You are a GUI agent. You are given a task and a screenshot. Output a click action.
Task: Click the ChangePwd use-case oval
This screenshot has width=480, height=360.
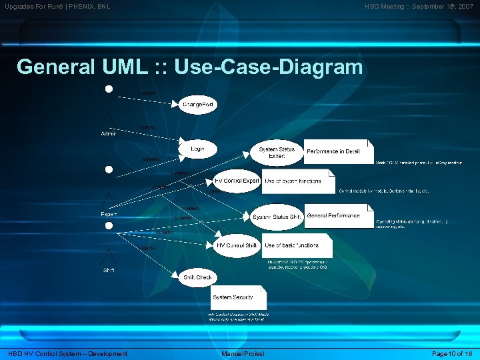click(x=198, y=105)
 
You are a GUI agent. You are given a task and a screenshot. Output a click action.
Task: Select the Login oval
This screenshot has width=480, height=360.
click(x=197, y=149)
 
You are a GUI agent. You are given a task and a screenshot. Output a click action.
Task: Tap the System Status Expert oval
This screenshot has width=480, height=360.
click(x=277, y=153)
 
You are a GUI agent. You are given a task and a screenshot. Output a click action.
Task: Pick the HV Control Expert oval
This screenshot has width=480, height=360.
click(x=237, y=181)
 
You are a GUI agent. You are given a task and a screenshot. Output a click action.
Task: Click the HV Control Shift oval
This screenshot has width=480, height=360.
click(x=237, y=245)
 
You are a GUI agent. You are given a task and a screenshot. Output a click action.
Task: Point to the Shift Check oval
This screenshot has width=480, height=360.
click(x=197, y=277)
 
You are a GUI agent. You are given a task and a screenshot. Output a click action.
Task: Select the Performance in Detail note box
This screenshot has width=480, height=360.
click(x=339, y=152)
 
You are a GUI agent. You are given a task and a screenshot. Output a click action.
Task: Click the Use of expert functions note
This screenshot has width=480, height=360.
click(x=298, y=181)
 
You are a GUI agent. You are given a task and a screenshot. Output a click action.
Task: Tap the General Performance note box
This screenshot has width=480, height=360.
click(x=339, y=216)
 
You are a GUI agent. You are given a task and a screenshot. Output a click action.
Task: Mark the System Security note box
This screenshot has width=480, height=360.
click(x=238, y=297)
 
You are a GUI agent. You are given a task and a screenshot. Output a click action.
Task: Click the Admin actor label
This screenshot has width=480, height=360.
click(x=108, y=134)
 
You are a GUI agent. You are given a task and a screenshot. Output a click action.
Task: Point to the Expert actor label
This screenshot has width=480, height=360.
click(x=109, y=214)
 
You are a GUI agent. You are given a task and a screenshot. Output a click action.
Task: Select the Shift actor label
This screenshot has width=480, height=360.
click(x=109, y=270)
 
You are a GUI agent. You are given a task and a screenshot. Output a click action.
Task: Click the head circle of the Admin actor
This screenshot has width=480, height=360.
click(x=109, y=88)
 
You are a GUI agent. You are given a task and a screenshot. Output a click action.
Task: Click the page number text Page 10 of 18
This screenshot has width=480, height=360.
click(x=453, y=353)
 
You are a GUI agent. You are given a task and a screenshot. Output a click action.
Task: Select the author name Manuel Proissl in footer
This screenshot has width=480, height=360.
click(x=243, y=353)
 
